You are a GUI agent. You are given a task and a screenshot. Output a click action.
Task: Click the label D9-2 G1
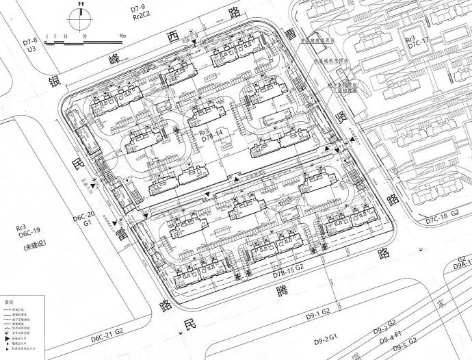[x=328, y=339]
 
